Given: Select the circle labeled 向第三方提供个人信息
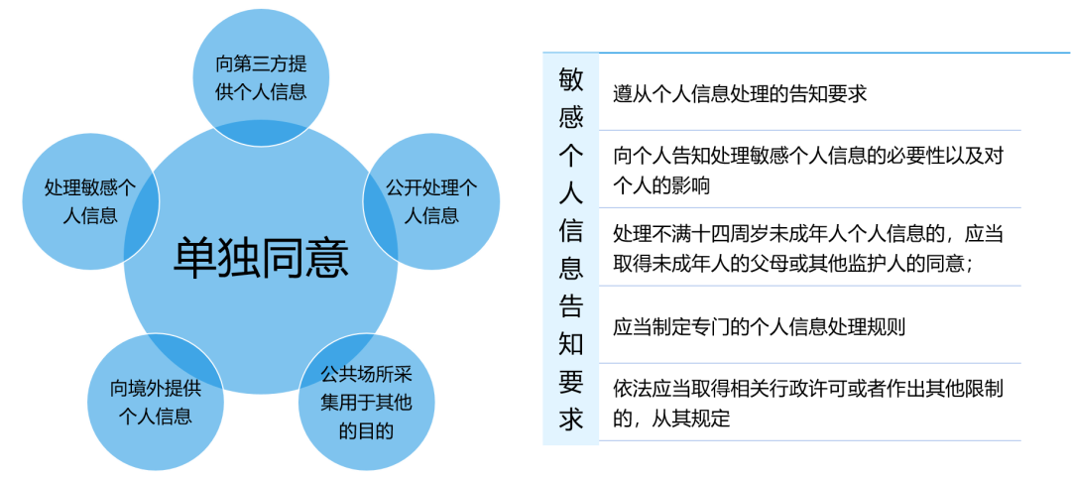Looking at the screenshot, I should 261,77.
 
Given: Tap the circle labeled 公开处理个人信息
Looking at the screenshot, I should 431,201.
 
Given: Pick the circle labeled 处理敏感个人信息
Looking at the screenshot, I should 90,201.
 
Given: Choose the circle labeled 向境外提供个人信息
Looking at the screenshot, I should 155,402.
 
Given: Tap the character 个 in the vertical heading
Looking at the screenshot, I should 571,157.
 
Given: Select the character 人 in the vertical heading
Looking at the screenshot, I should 571,194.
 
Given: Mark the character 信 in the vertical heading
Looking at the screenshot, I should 571,232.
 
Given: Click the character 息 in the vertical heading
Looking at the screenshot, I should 571,269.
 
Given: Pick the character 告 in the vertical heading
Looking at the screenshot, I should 571,306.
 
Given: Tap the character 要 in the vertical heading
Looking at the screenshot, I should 571,382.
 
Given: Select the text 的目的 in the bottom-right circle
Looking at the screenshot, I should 366,430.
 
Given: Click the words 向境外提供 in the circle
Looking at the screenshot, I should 156,389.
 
